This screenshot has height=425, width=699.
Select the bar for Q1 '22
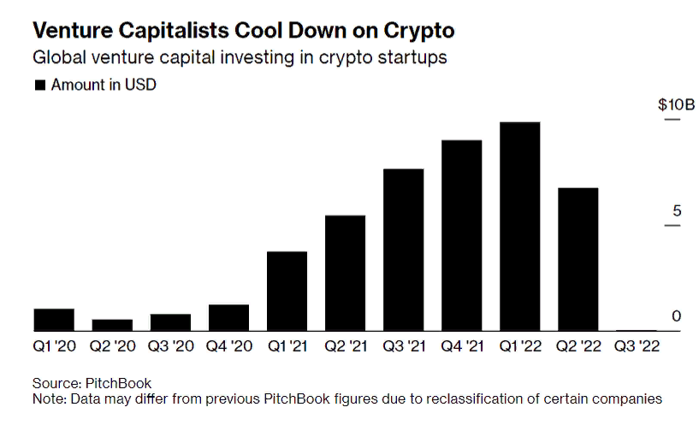[519, 227]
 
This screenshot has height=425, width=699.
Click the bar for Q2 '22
[578, 259]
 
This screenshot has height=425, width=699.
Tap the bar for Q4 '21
[461, 235]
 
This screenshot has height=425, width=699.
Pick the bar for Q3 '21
[403, 250]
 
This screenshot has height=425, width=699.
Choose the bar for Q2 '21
[345, 273]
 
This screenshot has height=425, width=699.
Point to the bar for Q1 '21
[287, 291]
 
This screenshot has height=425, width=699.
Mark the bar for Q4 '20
[228, 317]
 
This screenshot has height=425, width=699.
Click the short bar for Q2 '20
[112, 325]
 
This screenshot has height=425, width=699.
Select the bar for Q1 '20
[54, 320]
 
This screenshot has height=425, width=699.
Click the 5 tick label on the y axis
[675, 211]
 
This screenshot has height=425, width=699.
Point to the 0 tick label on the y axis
[675, 316]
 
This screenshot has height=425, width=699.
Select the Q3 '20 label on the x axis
[169, 348]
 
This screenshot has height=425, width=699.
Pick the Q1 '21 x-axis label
[287, 348]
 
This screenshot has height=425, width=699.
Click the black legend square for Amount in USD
[39, 86]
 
